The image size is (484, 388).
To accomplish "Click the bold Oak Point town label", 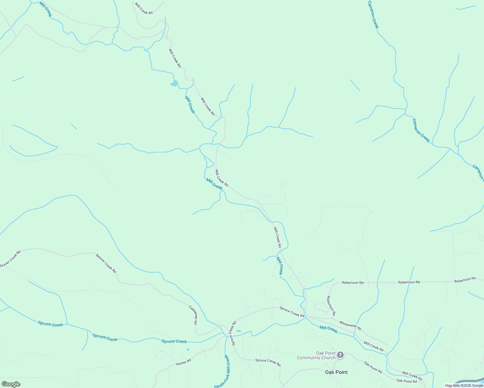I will point(336,372).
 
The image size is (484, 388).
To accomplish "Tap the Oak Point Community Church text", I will point(316,355).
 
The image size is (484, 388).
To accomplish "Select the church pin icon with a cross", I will point(340,355).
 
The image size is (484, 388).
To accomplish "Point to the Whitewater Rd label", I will point(350,326).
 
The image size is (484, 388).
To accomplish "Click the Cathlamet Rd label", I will point(193,315).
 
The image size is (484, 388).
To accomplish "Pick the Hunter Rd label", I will point(183,363).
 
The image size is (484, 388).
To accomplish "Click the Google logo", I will point(10,384).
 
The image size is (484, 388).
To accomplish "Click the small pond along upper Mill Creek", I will point(174,83).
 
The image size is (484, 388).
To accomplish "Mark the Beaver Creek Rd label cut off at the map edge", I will point(10,259).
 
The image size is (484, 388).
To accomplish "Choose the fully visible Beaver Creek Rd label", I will point(106,263).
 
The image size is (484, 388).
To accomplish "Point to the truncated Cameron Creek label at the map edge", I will point(478,172).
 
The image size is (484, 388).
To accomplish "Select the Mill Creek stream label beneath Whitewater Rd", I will point(328,329).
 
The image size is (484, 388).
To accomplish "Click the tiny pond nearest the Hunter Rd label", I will point(188,350).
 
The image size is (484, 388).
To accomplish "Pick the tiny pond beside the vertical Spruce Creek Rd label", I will point(239,331).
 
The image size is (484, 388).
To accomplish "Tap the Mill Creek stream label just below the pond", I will point(190,104).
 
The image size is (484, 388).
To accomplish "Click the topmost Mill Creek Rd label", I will point(144,8).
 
